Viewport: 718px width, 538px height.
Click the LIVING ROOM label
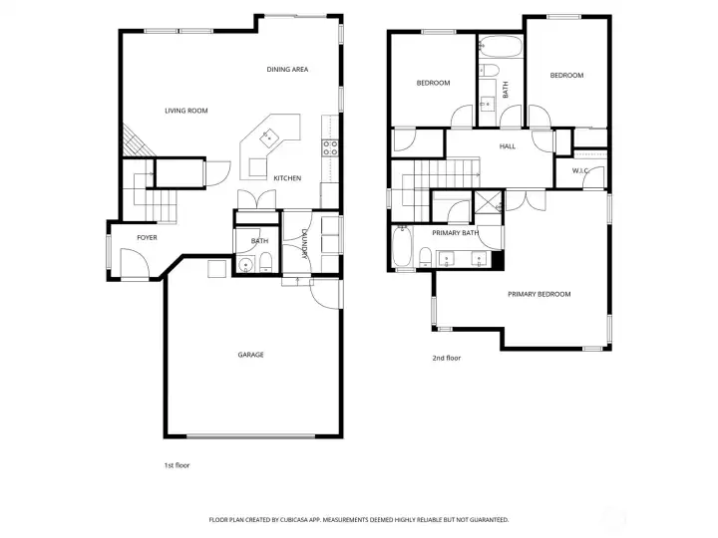(x=185, y=111)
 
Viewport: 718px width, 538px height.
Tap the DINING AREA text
(x=287, y=69)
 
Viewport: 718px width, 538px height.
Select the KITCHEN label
(x=287, y=178)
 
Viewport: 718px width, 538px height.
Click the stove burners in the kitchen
(x=330, y=148)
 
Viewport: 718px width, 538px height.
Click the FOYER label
(x=147, y=237)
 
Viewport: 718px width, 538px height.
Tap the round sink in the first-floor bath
(x=246, y=265)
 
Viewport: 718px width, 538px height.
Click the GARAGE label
(x=250, y=355)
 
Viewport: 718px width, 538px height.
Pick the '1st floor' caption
(x=176, y=465)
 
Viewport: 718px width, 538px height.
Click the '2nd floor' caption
(x=446, y=358)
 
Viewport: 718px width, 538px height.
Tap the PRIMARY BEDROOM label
(x=538, y=294)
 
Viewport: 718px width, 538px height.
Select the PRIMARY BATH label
(x=455, y=232)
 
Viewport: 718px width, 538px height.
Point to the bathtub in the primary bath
(x=403, y=247)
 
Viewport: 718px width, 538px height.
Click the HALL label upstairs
(x=507, y=146)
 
